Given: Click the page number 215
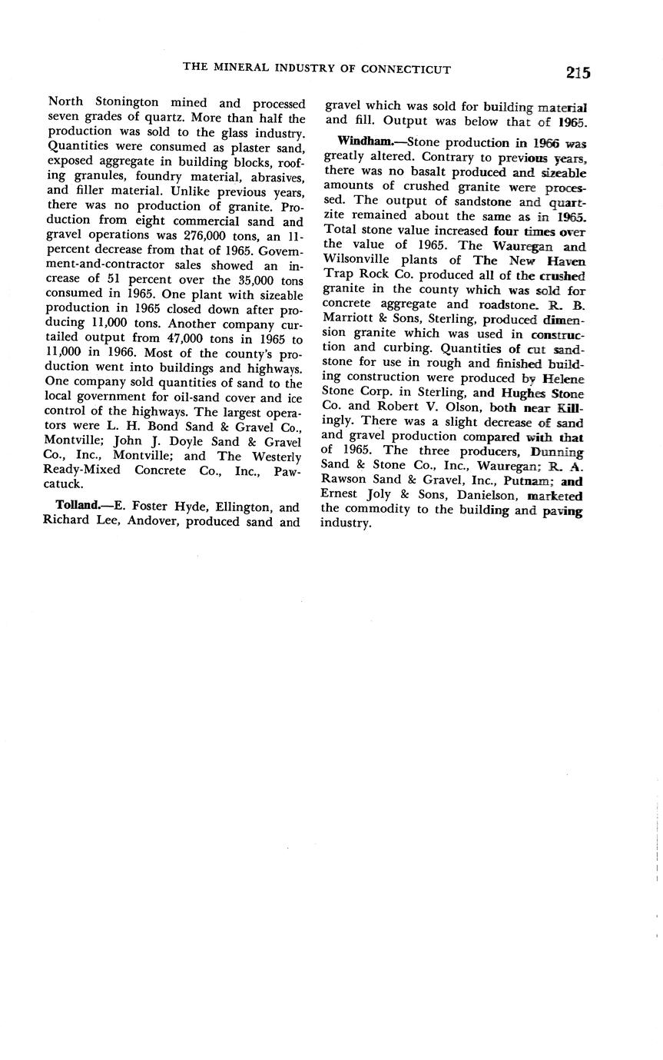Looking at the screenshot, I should point(578,73).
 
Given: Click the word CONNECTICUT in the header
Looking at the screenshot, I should point(405,69).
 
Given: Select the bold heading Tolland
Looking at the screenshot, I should point(77,507).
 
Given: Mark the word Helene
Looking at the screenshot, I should point(564,378).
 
